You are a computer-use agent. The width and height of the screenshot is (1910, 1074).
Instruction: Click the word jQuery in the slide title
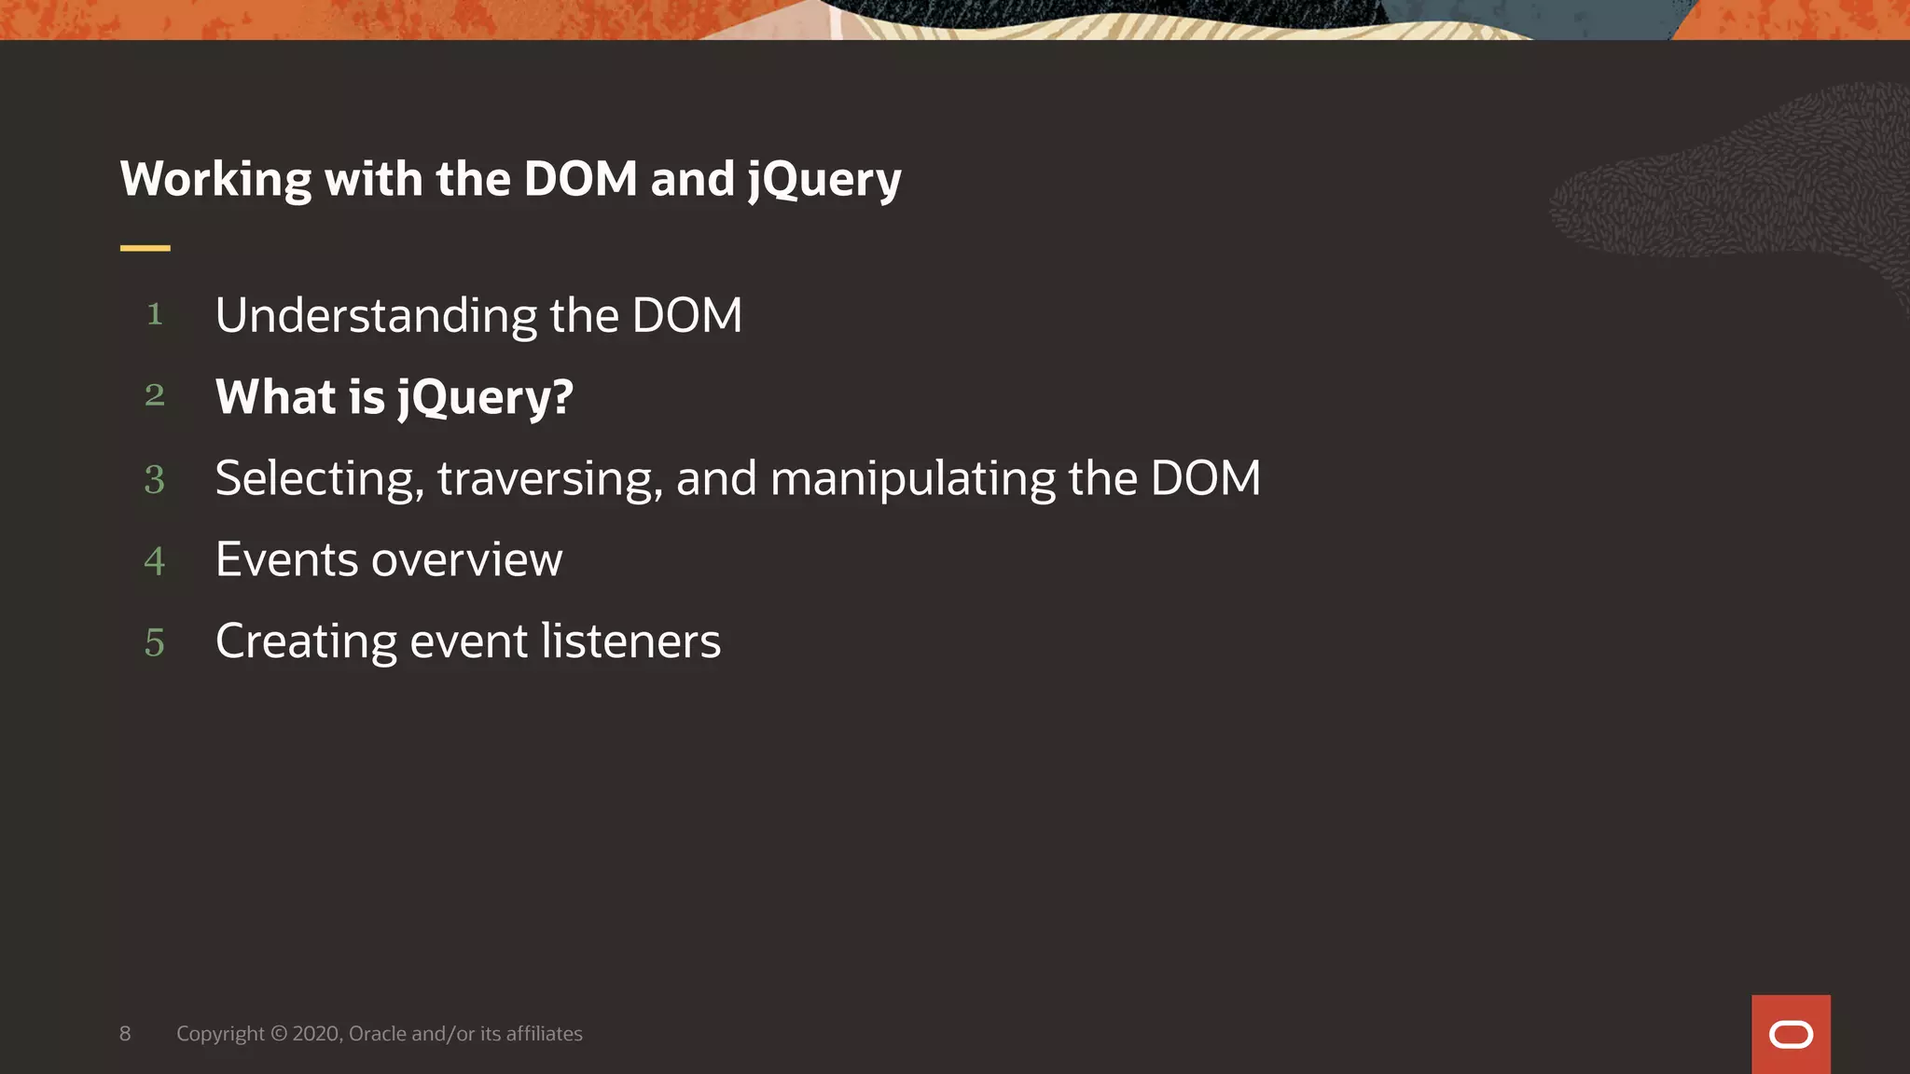[x=824, y=179]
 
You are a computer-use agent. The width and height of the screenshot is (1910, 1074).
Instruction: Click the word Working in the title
[x=215, y=179]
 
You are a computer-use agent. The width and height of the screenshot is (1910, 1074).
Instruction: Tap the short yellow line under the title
[x=145, y=248]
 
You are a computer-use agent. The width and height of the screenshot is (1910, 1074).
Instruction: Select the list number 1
[x=155, y=314]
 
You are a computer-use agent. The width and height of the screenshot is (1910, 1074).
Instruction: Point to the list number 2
[x=155, y=395]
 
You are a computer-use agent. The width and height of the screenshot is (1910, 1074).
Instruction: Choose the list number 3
[x=155, y=479]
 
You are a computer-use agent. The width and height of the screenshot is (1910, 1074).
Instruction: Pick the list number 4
[x=155, y=561]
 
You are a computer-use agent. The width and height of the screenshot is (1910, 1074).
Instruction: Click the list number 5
[x=155, y=642]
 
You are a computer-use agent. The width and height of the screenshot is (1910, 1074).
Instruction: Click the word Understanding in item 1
[x=376, y=316]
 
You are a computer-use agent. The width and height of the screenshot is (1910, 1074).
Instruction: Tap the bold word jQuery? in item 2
[x=485, y=398]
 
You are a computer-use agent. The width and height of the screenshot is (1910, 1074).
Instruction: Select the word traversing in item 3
[x=549, y=479]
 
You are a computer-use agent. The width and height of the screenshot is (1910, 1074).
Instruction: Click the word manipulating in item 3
[x=913, y=479]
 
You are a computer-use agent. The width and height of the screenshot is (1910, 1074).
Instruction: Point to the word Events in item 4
[x=286, y=560]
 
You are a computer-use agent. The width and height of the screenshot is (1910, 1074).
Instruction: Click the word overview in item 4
[x=466, y=560]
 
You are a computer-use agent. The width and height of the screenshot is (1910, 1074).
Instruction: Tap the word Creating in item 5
[x=306, y=641]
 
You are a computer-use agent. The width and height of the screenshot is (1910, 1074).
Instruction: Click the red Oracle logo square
[x=1791, y=1034]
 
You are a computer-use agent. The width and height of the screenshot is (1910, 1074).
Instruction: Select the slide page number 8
[x=125, y=1033]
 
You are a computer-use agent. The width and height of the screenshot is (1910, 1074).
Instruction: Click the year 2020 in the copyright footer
[x=317, y=1033]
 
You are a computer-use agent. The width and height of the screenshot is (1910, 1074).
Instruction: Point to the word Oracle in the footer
[x=378, y=1033]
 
